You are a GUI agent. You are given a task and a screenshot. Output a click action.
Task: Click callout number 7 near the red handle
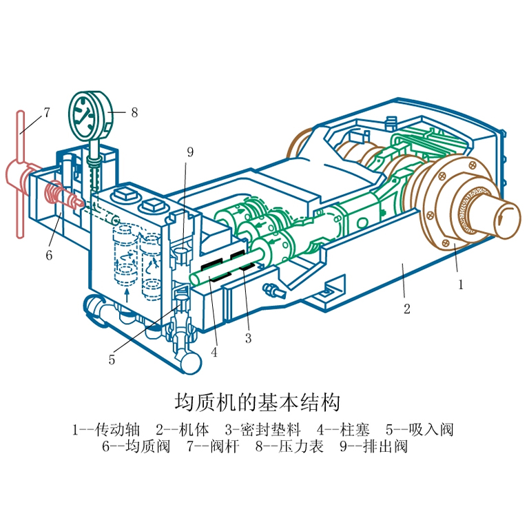(x=47, y=112)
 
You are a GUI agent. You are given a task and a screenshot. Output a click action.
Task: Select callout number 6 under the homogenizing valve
(x=49, y=255)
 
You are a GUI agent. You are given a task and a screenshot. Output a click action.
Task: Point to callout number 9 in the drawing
(x=189, y=152)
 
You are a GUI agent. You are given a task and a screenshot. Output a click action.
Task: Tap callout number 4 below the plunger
(x=214, y=352)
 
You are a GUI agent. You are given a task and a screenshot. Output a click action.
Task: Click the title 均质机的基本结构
(x=264, y=402)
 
